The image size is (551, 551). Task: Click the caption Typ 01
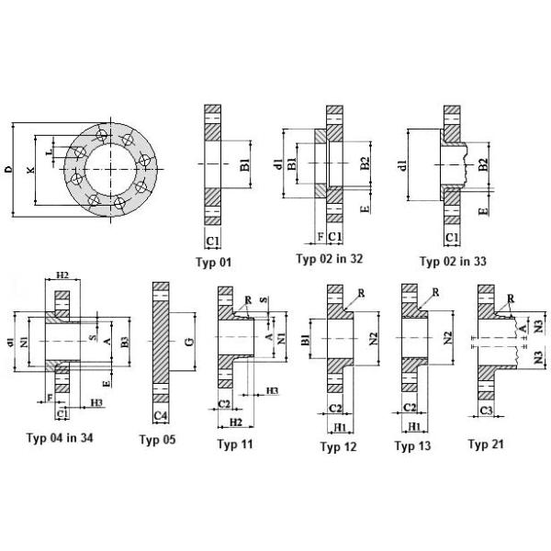pyautogui.click(x=214, y=264)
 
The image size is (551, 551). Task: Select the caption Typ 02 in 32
pyautogui.click(x=329, y=258)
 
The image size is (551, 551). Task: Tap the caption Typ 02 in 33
pyautogui.click(x=453, y=261)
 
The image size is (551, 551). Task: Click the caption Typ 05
pyautogui.click(x=157, y=440)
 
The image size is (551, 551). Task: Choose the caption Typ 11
pyautogui.click(x=235, y=444)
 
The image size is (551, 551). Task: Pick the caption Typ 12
pyautogui.click(x=338, y=446)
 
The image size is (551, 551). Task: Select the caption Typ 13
pyautogui.click(x=412, y=446)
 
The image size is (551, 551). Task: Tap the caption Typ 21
pyautogui.click(x=487, y=445)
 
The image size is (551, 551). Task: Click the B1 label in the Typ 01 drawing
pyautogui.click(x=244, y=166)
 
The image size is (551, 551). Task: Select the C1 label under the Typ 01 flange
pyautogui.click(x=211, y=242)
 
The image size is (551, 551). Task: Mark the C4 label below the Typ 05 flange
pyautogui.click(x=160, y=416)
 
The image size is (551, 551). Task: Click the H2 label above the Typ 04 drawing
pyautogui.click(x=63, y=275)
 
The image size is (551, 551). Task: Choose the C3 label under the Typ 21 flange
pyautogui.click(x=486, y=410)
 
